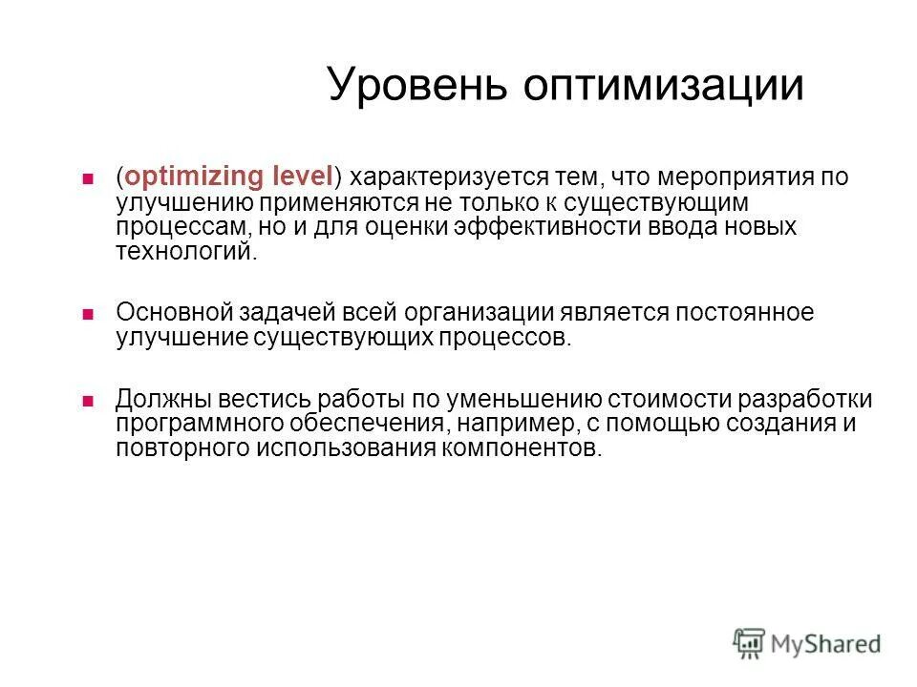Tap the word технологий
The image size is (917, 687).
185,252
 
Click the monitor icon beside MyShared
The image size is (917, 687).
750,642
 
